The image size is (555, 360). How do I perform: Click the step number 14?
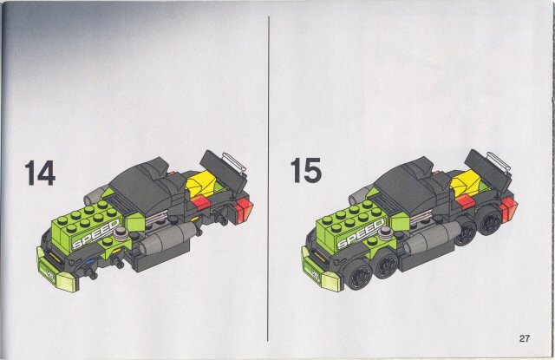coord(39,173)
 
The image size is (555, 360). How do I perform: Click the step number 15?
coord(304,170)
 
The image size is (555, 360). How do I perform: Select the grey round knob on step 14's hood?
coord(129,233)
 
